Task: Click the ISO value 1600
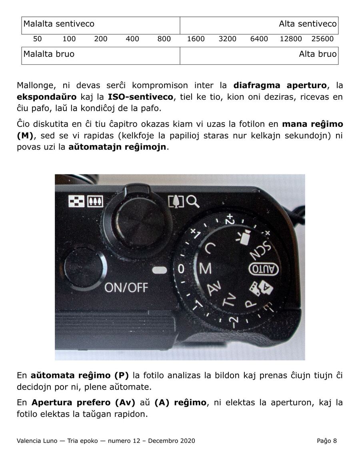[x=196, y=39]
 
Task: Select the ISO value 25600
[x=322, y=39]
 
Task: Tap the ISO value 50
[x=38, y=39]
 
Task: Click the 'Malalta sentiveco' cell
[x=101, y=25]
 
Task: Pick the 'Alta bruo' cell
[x=259, y=56]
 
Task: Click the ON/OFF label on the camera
[x=126, y=287]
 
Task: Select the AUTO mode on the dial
[x=263, y=269]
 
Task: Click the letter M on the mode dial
[x=206, y=269]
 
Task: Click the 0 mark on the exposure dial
[x=181, y=269]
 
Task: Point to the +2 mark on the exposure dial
[x=229, y=219]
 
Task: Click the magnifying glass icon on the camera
[x=193, y=202]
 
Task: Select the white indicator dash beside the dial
[x=160, y=270]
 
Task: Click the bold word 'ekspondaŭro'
[x=47, y=97]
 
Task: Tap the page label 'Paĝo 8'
[x=327, y=441]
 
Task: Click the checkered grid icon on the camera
[x=77, y=201]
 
